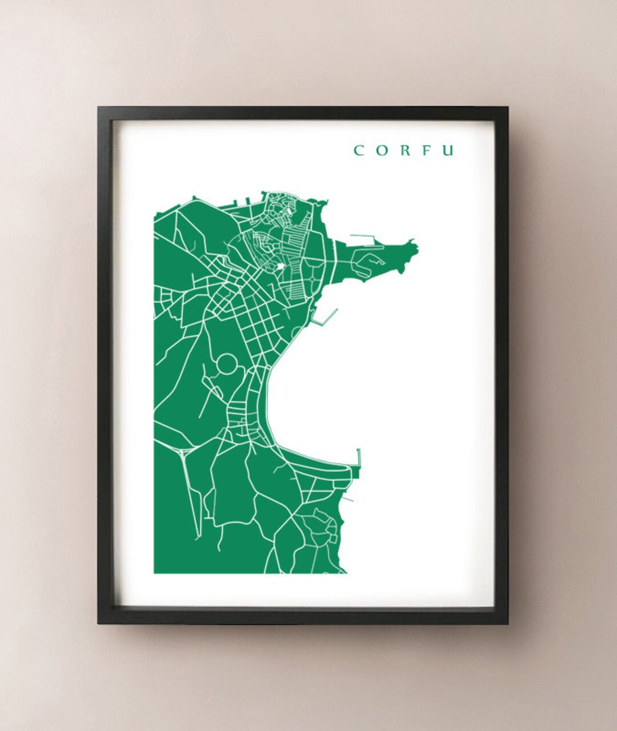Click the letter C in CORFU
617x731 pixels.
click(x=359, y=150)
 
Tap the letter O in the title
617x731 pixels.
click(x=380, y=150)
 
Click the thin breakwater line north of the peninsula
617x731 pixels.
click(x=362, y=236)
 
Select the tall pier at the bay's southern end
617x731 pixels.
click(x=358, y=460)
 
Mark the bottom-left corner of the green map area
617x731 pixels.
click(x=154, y=572)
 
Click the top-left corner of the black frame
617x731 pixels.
click(x=98, y=108)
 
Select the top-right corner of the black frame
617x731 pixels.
click(x=507, y=108)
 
